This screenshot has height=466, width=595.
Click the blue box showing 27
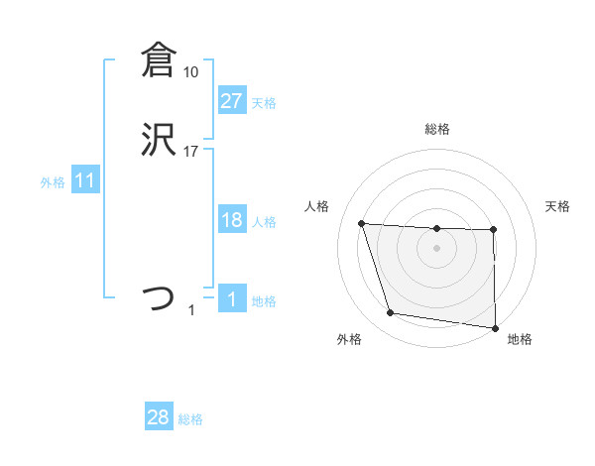[231, 100]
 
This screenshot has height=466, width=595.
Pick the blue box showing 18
[231, 220]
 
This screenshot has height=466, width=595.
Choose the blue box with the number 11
[85, 181]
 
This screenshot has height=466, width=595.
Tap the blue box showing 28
[159, 417]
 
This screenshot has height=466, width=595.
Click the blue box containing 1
[231, 299]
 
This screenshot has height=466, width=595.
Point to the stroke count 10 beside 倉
[190, 71]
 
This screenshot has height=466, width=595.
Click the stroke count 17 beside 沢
[190, 151]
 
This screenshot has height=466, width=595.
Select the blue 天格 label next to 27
[264, 102]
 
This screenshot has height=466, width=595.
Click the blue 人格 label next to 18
[264, 222]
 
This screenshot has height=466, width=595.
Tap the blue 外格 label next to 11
[53, 182]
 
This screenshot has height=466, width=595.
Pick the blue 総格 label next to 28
[190, 419]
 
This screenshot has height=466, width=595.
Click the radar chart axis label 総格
[437, 129]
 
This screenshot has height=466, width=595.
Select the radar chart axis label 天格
[557, 206]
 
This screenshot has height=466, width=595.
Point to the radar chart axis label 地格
[520, 339]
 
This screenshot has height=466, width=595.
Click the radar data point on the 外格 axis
[391, 313]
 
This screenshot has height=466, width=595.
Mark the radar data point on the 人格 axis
[362, 224]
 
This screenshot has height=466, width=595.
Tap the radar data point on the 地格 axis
[496, 328]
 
